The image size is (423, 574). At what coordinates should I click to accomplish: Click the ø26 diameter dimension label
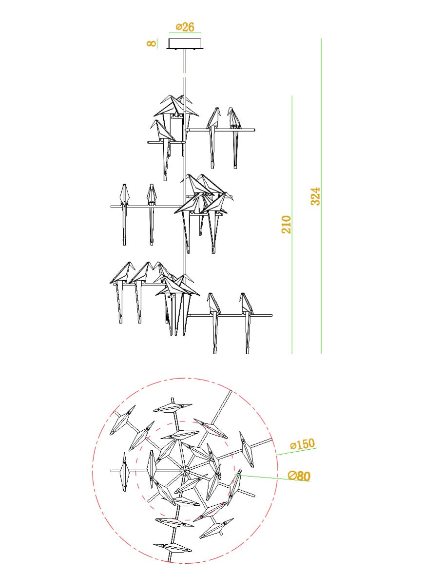tap(185, 27)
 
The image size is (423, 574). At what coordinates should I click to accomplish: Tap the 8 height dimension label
tap(151, 43)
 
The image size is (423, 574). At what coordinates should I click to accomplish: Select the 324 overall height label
tap(315, 196)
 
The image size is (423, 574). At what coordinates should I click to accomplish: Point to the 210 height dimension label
tap(287, 225)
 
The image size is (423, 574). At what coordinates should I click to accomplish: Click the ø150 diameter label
tap(302, 444)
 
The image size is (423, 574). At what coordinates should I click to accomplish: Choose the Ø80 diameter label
tap(299, 476)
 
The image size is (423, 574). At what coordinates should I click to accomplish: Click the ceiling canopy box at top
tap(185, 43)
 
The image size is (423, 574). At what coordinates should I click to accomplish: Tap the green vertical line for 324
tap(321, 196)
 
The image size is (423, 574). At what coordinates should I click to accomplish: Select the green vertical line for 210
tap(292, 225)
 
